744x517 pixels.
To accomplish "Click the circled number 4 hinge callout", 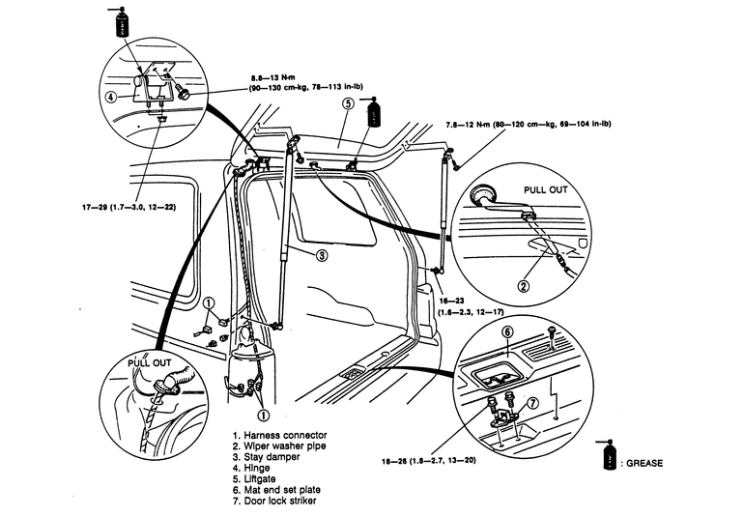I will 111,97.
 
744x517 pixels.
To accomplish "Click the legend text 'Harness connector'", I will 287,435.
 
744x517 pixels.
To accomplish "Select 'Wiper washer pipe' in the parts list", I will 287,447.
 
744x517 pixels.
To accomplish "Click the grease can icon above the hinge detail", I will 123,22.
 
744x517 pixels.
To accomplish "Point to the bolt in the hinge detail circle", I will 184,96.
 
